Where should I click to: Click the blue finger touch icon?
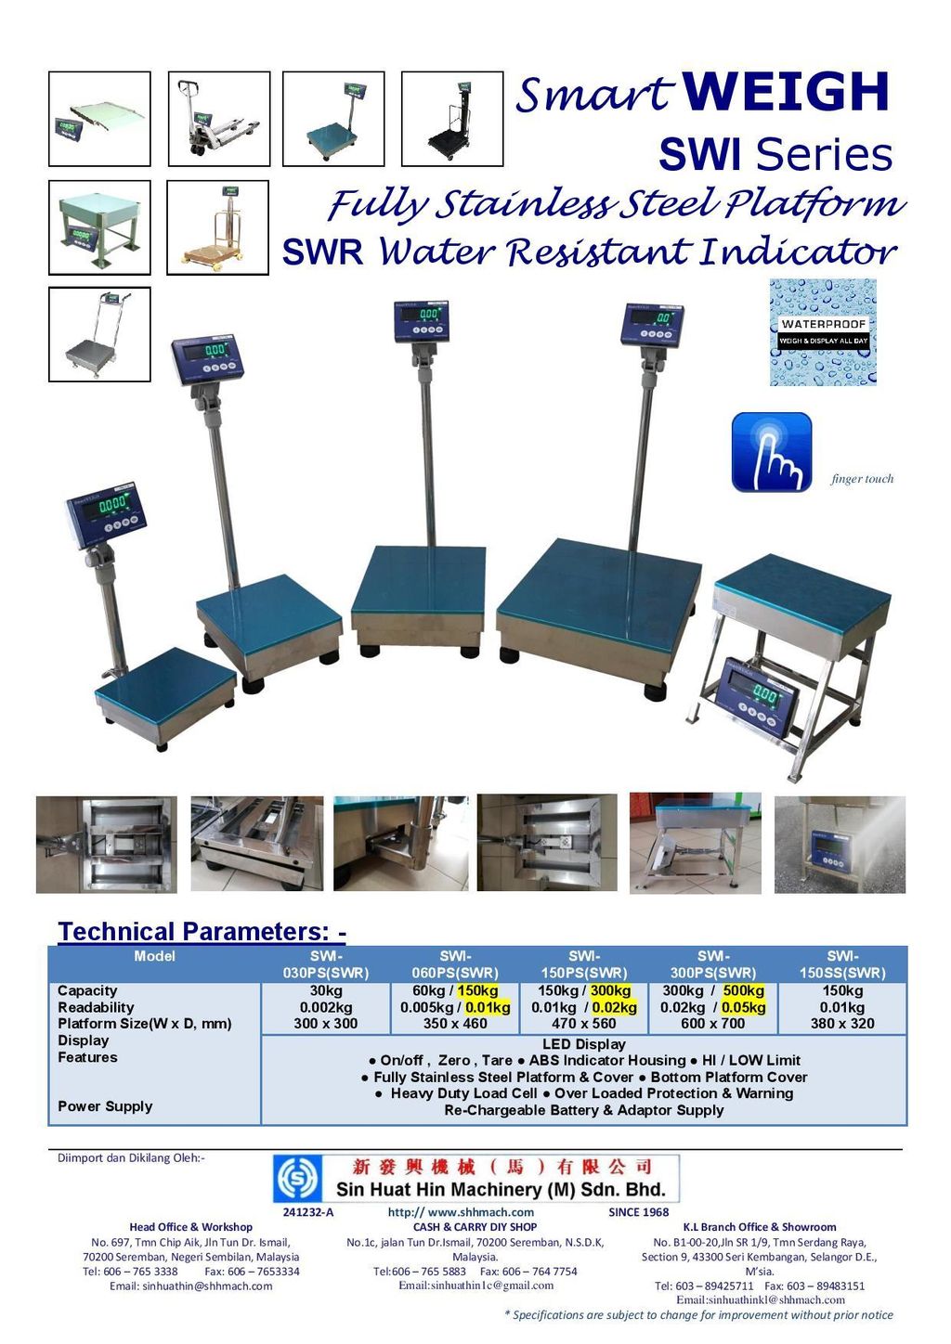(772, 452)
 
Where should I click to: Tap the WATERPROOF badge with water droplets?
(823, 331)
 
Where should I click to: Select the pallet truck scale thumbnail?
(219, 119)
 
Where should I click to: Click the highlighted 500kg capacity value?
(743, 990)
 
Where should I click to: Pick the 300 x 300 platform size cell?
(325, 1023)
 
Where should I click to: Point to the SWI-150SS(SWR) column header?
(842, 964)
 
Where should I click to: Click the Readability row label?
(96, 1007)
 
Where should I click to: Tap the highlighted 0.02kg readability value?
(614, 1007)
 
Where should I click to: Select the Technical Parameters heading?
(202, 931)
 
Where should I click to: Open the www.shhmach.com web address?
(461, 1212)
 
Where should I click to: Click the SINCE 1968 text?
(638, 1212)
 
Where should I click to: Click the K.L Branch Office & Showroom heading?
(760, 1227)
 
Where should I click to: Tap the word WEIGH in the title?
(786, 91)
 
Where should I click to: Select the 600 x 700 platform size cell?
(712, 1023)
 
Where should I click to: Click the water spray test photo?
(840, 844)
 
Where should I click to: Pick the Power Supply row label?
(105, 1105)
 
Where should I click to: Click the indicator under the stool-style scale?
(761, 699)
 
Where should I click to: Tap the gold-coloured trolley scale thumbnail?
(217, 227)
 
